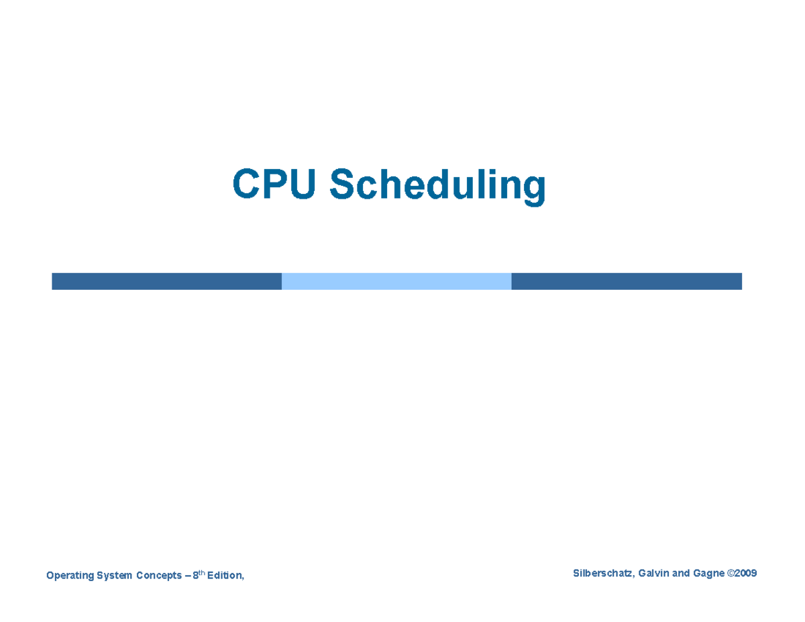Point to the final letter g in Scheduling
(534, 189)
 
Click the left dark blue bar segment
(166, 281)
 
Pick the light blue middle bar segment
(396, 281)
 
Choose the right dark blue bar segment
(626, 281)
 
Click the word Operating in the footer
(67, 576)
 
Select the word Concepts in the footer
(159, 576)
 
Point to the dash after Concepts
(188, 576)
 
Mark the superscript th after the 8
(202, 572)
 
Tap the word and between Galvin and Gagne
(682, 573)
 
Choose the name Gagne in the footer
(708, 573)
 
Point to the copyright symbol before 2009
(731, 573)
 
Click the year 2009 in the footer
(746, 573)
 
